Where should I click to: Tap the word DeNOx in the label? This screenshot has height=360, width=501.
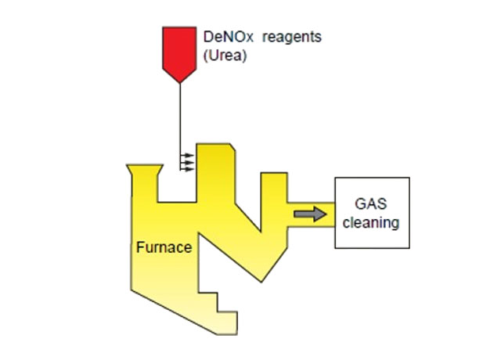pos(222,37)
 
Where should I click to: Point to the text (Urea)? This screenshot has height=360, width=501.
pos(222,56)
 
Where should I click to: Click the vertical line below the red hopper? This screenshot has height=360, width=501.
pos(180,117)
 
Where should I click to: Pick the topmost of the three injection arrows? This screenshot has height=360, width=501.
pos(188,156)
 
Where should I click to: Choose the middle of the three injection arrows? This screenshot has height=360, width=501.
pos(188,162)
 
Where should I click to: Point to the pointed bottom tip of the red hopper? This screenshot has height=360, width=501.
pos(180,81)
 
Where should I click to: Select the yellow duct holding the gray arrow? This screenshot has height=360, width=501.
pos(310,214)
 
